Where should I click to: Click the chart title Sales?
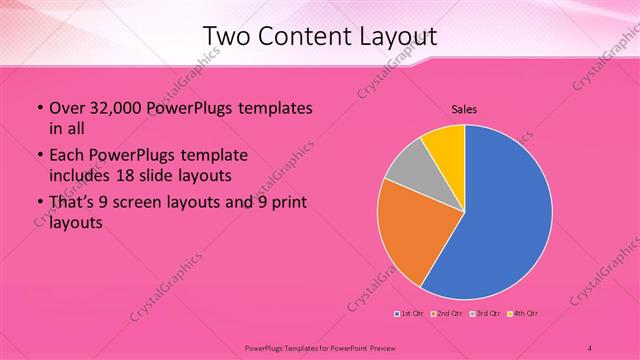point(464,108)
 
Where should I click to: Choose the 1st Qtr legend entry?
point(410,314)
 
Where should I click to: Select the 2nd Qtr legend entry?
point(448,314)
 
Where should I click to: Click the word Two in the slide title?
point(226,37)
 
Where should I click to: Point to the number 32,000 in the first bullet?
point(113,108)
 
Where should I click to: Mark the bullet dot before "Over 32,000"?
point(38,108)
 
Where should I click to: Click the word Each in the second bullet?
point(67,155)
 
